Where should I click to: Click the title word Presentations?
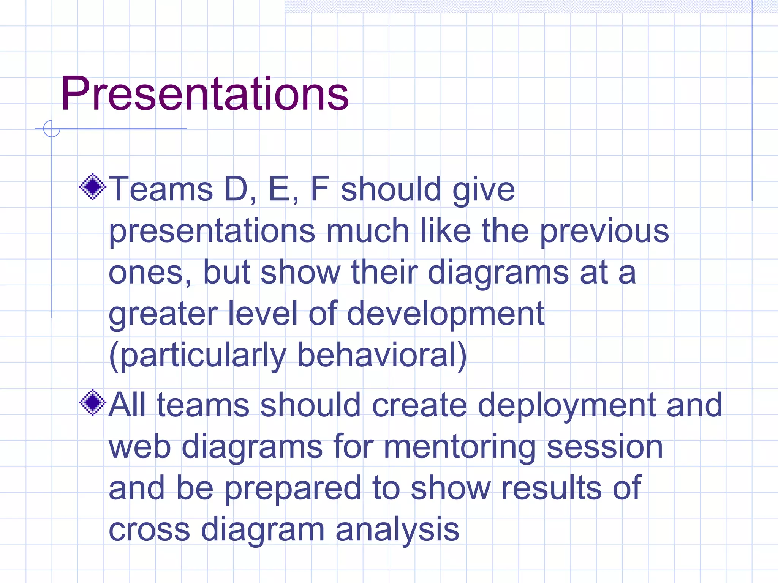[204, 94]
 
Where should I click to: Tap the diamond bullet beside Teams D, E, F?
[92, 186]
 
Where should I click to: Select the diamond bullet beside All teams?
[92, 402]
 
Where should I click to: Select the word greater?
[163, 314]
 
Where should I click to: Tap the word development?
[445, 314]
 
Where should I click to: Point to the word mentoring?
[460, 447]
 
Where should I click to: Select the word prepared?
[293, 489]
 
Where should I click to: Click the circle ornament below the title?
[52, 129]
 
